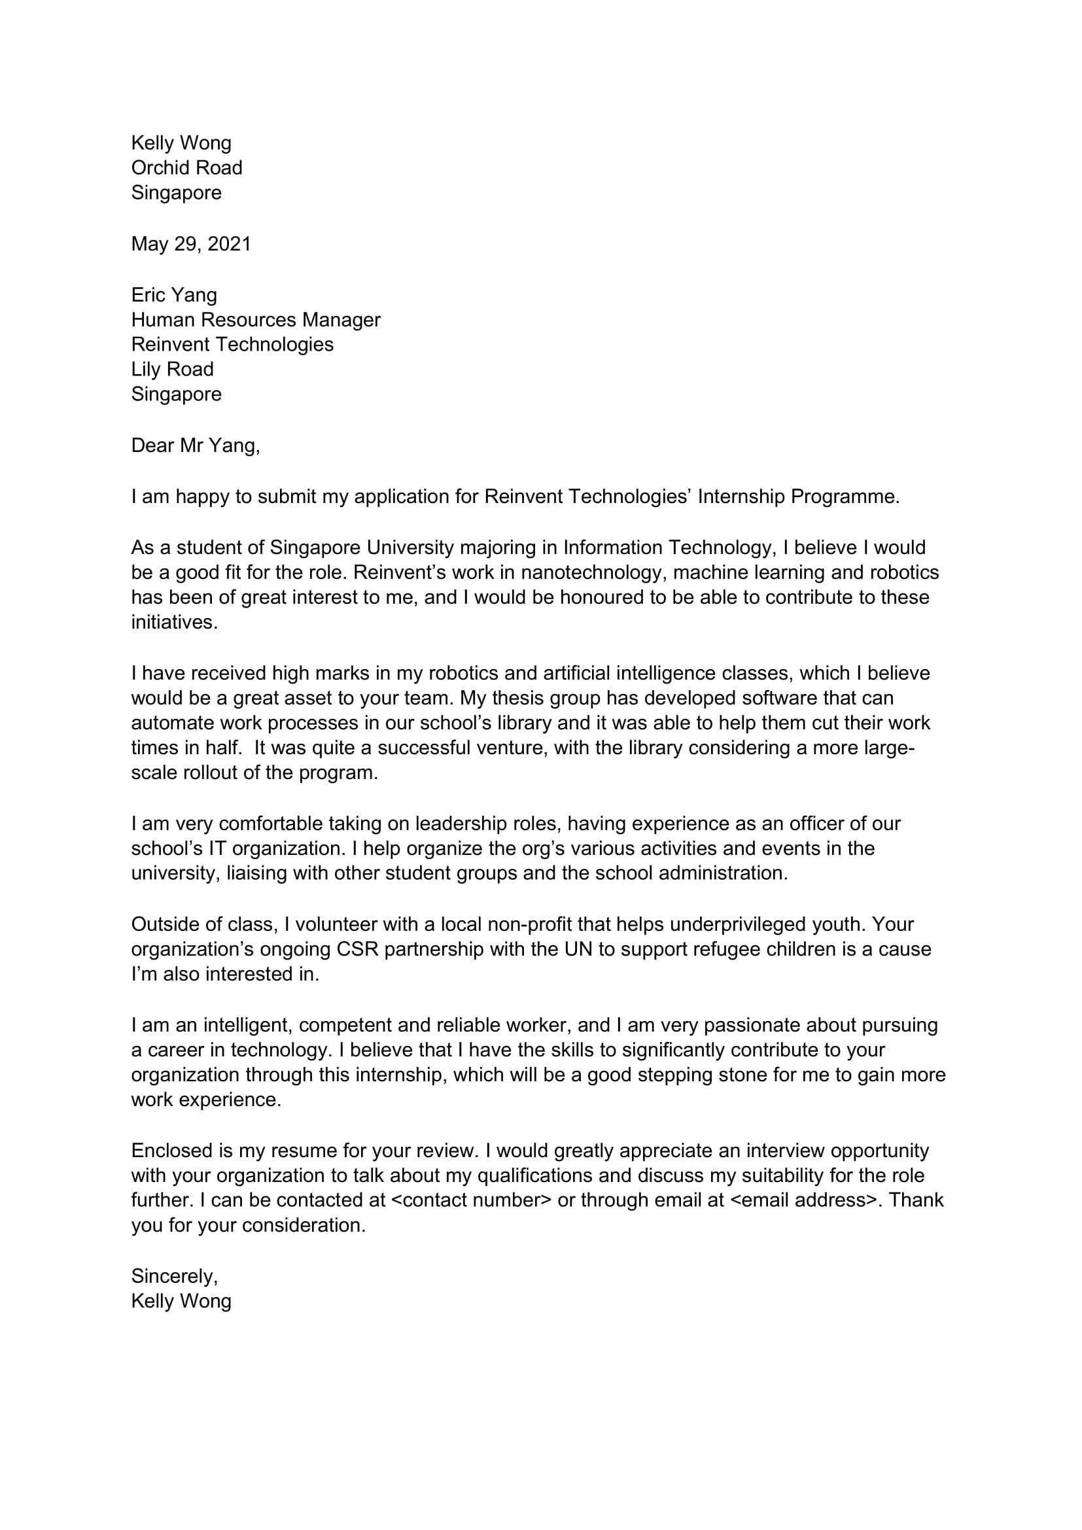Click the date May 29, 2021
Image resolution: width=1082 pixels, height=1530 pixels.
tap(190, 244)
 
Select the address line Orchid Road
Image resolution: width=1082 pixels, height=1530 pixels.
tap(186, 167)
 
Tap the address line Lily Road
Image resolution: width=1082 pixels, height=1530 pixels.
tap(172, 369)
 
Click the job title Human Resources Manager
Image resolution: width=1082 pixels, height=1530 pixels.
tap(255, 320)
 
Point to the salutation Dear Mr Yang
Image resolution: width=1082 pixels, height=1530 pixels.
tap(194, 445)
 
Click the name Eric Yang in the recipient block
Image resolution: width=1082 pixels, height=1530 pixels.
tap(174, 294)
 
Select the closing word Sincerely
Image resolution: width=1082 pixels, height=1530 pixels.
tap(174, 1276)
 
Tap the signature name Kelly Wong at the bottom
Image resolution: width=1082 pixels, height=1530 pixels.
tap(181, 1301)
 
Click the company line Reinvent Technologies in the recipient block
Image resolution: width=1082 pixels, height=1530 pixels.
tap(232, 345)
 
